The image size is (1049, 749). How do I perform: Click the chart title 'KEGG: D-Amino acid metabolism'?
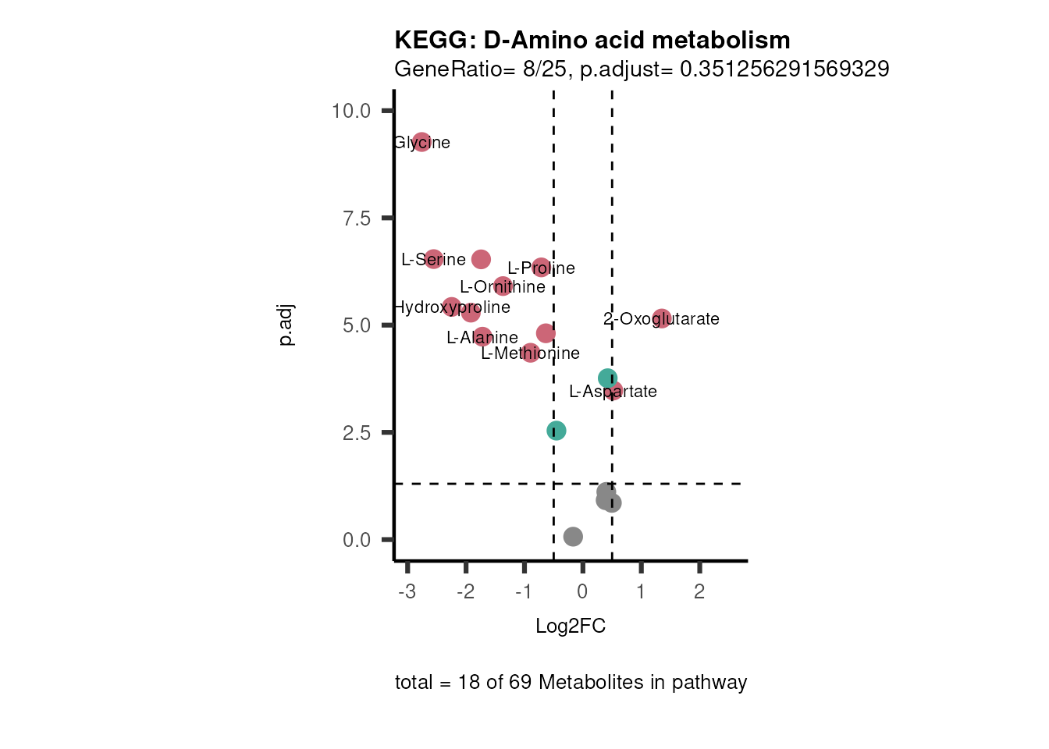point(592,40)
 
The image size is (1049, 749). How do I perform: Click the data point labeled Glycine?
point(421,142)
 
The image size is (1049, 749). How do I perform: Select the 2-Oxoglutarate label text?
point(661,319)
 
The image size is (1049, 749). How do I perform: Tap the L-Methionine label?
point(530,353)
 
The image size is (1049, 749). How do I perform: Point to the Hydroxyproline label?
point(451,307)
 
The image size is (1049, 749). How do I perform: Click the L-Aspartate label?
point(613,392)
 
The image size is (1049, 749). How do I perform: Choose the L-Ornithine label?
point(502,287)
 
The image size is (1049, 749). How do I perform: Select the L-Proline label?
point(541,268)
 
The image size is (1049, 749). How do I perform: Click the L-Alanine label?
point(482,338)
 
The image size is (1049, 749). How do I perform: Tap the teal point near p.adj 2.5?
point(556,431)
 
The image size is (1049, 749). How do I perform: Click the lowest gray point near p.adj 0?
point(573,536)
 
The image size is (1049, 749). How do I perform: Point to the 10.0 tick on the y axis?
point(351,111)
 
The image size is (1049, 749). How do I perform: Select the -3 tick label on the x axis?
point(407,591)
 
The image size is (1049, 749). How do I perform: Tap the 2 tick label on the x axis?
point(699,591)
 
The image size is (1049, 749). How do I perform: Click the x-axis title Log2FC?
point(571,627)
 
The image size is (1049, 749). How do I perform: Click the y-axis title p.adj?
point(286,325)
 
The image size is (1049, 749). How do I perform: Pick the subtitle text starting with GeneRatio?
point(642,69)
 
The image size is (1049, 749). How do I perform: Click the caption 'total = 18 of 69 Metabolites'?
point(571,683)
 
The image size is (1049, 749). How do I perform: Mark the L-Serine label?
point(433,260)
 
